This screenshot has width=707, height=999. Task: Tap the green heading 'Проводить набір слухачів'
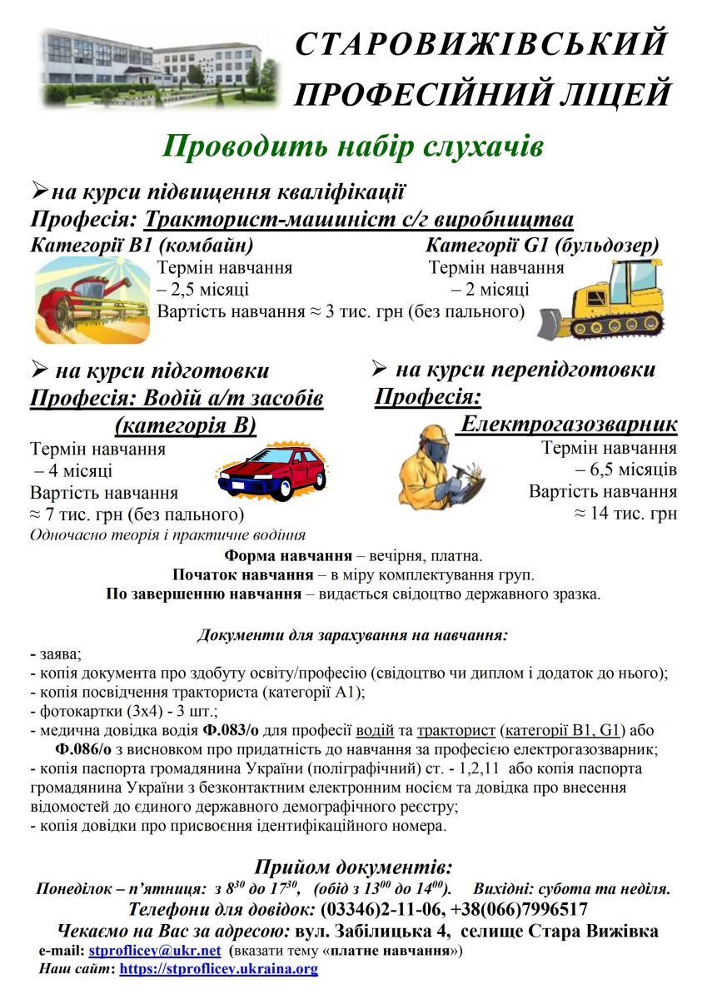click(x=353, y=147)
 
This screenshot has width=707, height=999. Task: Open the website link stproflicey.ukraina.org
click(x=219, y=969)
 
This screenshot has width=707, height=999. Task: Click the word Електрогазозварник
click(x=569, y=425)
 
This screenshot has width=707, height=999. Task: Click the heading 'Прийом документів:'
click(x=353, y=866)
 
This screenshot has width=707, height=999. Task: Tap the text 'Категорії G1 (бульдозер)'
click(x=541, y=246)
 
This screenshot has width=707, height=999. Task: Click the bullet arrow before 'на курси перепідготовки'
click(x=380, y=368)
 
